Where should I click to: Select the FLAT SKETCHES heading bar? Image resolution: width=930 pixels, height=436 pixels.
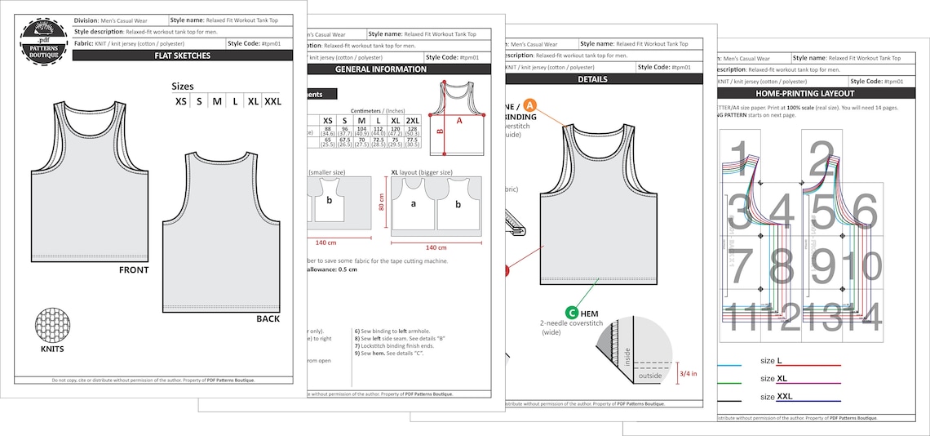[x=182, y=56]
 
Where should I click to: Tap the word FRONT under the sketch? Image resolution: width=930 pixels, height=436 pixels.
[x=134, y=269]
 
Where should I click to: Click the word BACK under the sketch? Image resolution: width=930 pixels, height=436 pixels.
[x=268, y=318]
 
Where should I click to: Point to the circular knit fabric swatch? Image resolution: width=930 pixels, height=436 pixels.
[x=52, y=327]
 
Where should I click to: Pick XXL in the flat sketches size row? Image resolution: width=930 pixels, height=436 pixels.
[x=272, y=102]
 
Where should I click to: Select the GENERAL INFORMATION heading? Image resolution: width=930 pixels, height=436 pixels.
[x=381, y=69]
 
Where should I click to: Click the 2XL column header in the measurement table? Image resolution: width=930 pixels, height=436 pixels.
[x=412, y=120]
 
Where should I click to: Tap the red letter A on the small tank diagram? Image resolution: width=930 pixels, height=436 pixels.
[x=459, y=120]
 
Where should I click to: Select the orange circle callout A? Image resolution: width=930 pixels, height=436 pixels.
[x=529, y=105]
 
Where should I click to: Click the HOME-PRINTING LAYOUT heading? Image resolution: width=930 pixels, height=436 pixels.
[x=819, y=94]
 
